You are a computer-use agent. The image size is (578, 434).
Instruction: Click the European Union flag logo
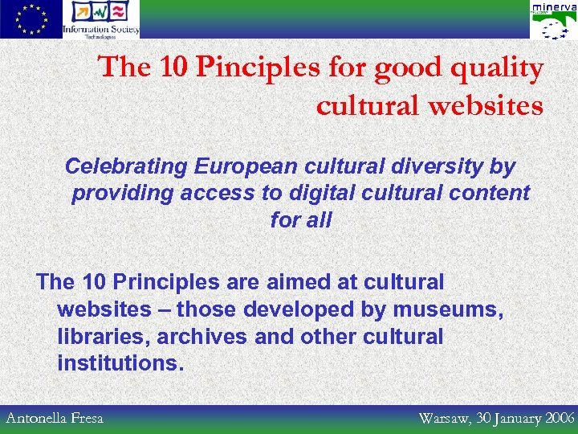[x=31, y=19]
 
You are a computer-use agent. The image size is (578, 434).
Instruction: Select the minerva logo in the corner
[x=553, y=19]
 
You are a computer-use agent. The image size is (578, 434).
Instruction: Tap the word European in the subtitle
[x=248, y=166]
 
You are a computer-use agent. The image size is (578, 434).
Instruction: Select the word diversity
[x=446, y=166]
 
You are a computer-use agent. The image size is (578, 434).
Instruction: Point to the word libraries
[x=96, y=336]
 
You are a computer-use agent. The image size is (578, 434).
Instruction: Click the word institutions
[x=120, y=362]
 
